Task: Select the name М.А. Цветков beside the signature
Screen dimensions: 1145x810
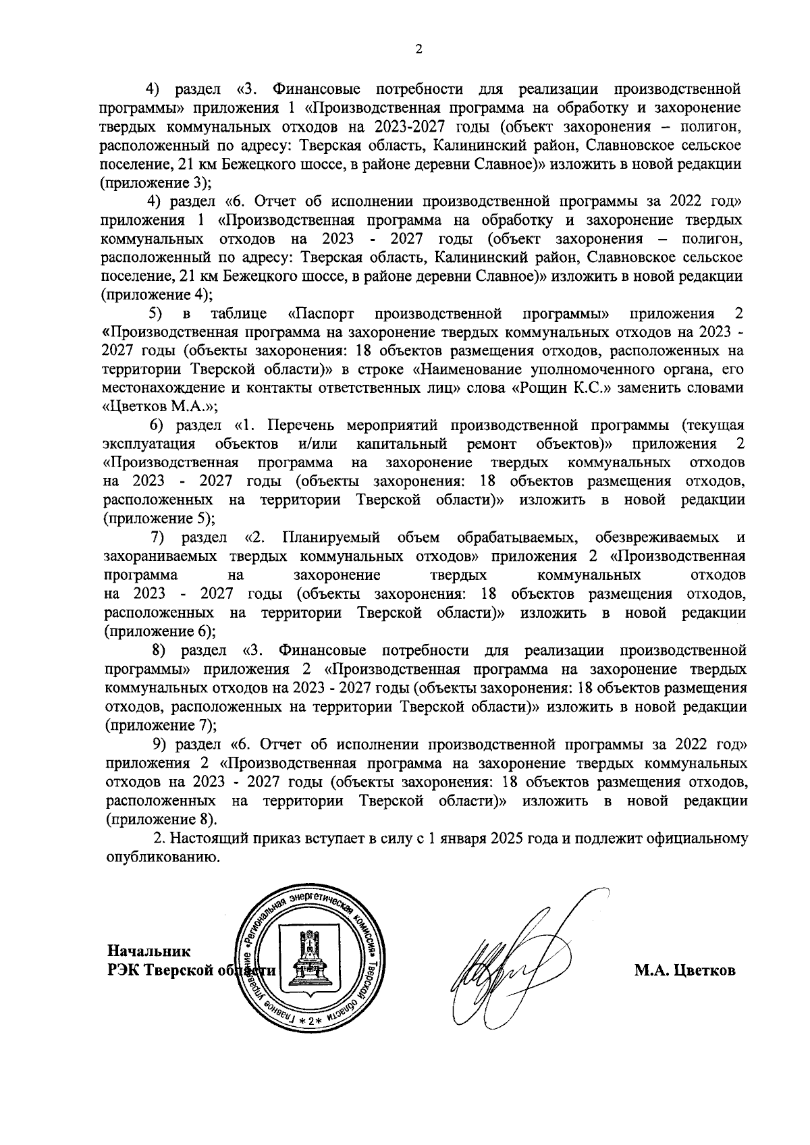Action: pos(684,971)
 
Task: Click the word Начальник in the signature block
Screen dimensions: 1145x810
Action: pos(149,951)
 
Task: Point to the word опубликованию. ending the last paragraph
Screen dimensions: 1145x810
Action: pos(163,858)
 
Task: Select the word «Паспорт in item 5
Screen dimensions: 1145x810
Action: pos(321,314)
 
